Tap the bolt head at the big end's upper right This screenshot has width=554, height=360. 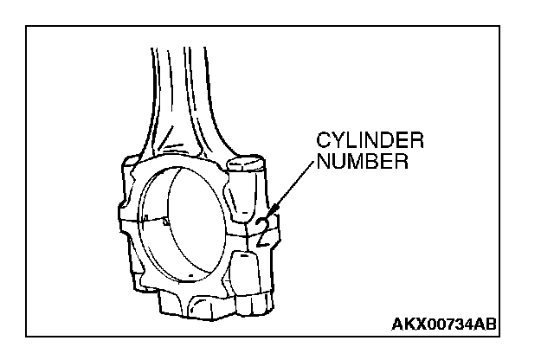coord(247,164)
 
